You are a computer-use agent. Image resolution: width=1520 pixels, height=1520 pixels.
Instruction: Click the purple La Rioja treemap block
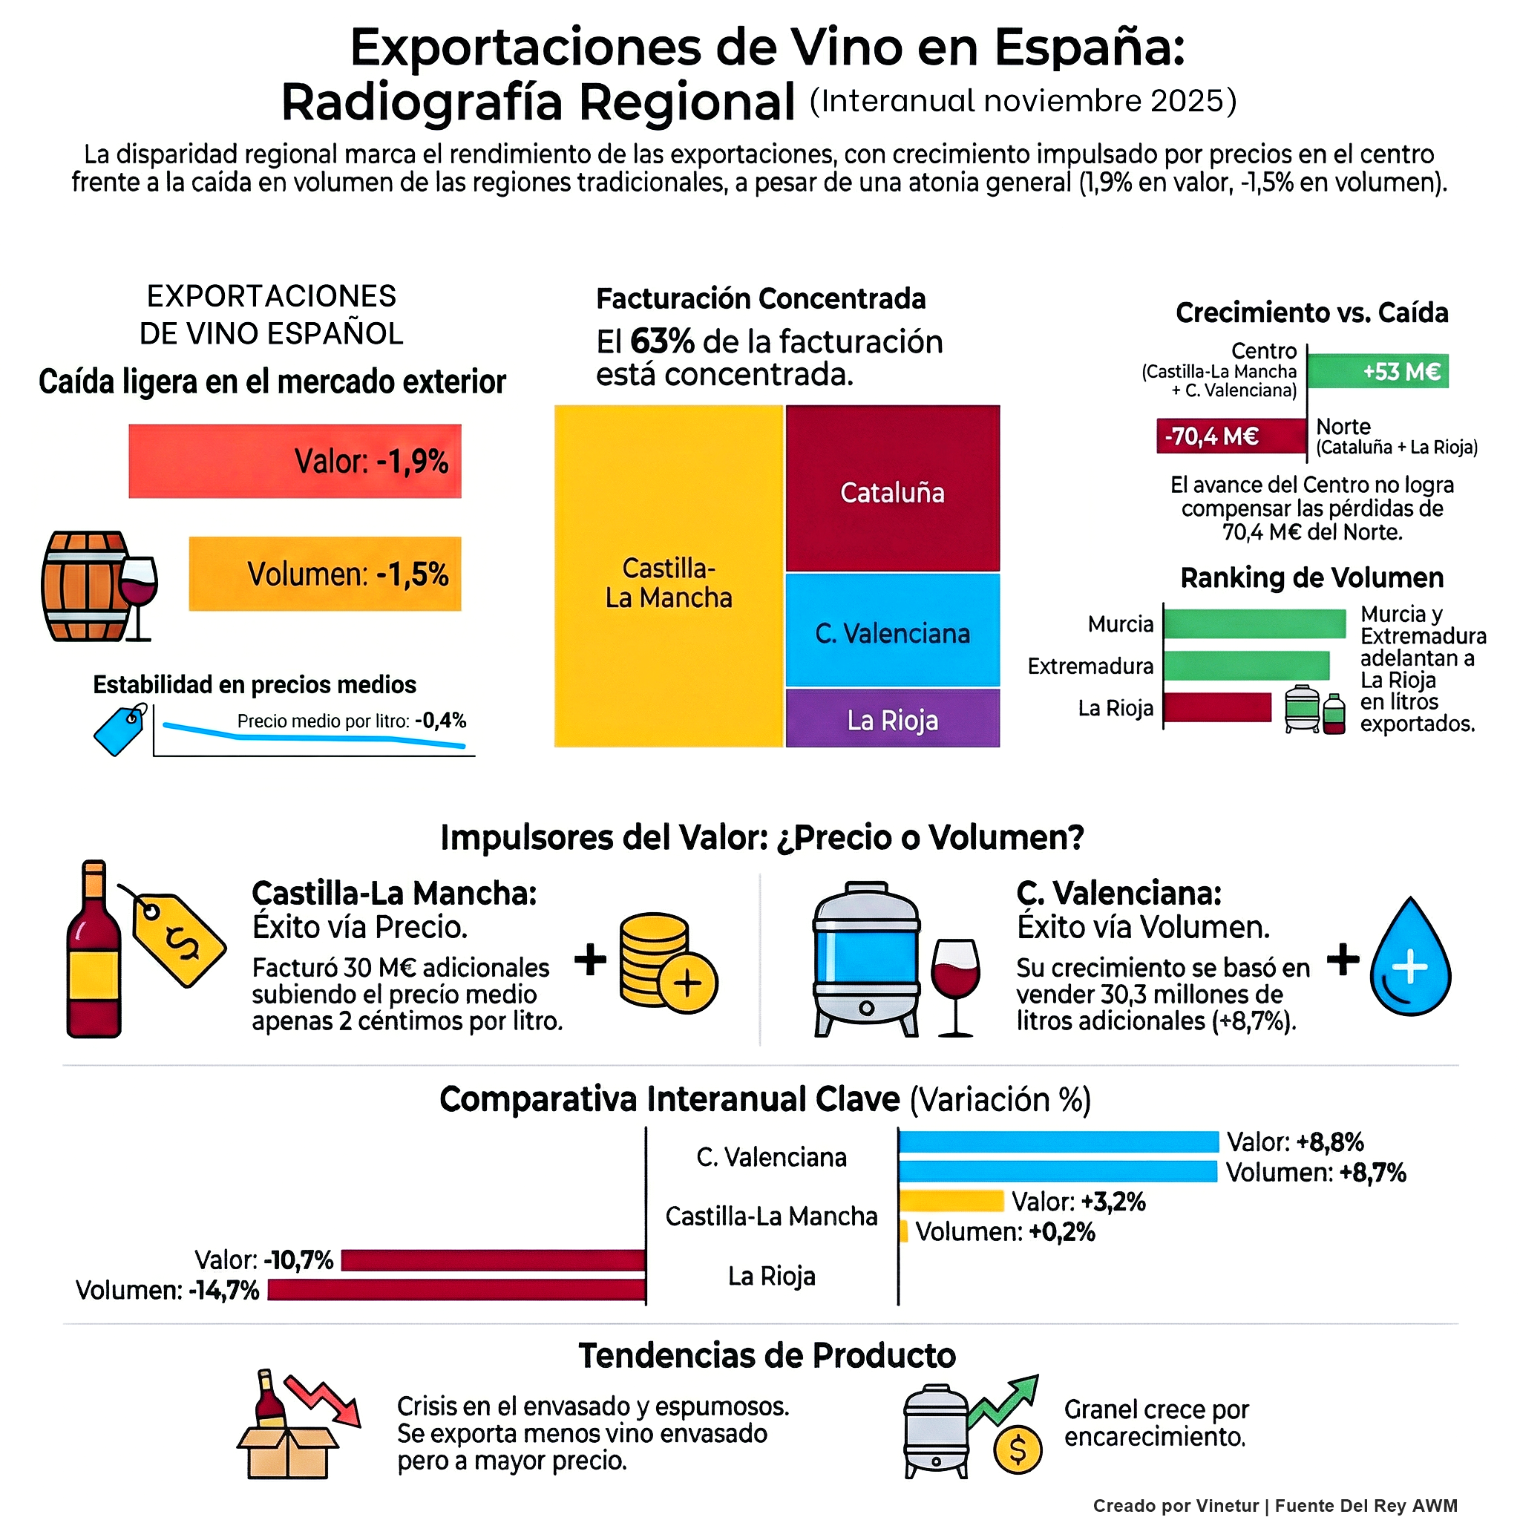pyautogui.click(x=892, y=718)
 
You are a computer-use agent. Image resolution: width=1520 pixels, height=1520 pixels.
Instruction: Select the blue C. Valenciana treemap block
pyautogui.click(x=892, y=630)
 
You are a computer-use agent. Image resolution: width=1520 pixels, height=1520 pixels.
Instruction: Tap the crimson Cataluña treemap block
pyautogui.click(x=892, y=488)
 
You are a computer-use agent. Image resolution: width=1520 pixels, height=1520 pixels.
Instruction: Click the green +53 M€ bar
pyautogui.click(x=1377, y=371)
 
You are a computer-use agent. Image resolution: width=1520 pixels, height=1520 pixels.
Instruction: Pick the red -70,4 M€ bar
pyautogui.click(x=1231, y=436)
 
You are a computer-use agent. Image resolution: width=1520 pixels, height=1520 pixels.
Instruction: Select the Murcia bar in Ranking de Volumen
pyautogui.click(x=1254, y=624)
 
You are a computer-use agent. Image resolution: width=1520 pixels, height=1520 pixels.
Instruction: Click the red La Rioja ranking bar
pyautogui.click(x=1216, y=707)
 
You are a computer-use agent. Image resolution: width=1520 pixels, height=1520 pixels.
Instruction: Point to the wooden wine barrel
pyautogui.click(x=85, y=586)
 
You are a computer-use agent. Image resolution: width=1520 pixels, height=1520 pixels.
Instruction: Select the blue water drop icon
pyautogui.click(x=1410, y=960)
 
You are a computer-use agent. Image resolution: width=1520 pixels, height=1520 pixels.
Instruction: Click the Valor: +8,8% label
pyautogui.click(x=1295, y=1141)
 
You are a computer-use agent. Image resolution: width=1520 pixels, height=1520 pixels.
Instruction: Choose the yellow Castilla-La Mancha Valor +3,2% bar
pyautogui.click(x=951, y=1202)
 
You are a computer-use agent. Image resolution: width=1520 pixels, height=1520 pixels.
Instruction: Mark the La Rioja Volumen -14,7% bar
pyautogui.click(x=456, y=1290)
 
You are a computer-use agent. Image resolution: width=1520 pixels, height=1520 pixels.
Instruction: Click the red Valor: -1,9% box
pyautogui.click(x=295, y=461)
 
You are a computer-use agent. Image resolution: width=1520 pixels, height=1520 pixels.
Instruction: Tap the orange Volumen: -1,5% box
pyautogui.click(x=325, y=574)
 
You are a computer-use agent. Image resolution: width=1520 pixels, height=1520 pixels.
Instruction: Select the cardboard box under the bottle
pyautogui.click(x=287, y=1452)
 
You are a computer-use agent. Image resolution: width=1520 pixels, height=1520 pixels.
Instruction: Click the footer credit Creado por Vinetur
pyautogui.click(x=1176, y=1505)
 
